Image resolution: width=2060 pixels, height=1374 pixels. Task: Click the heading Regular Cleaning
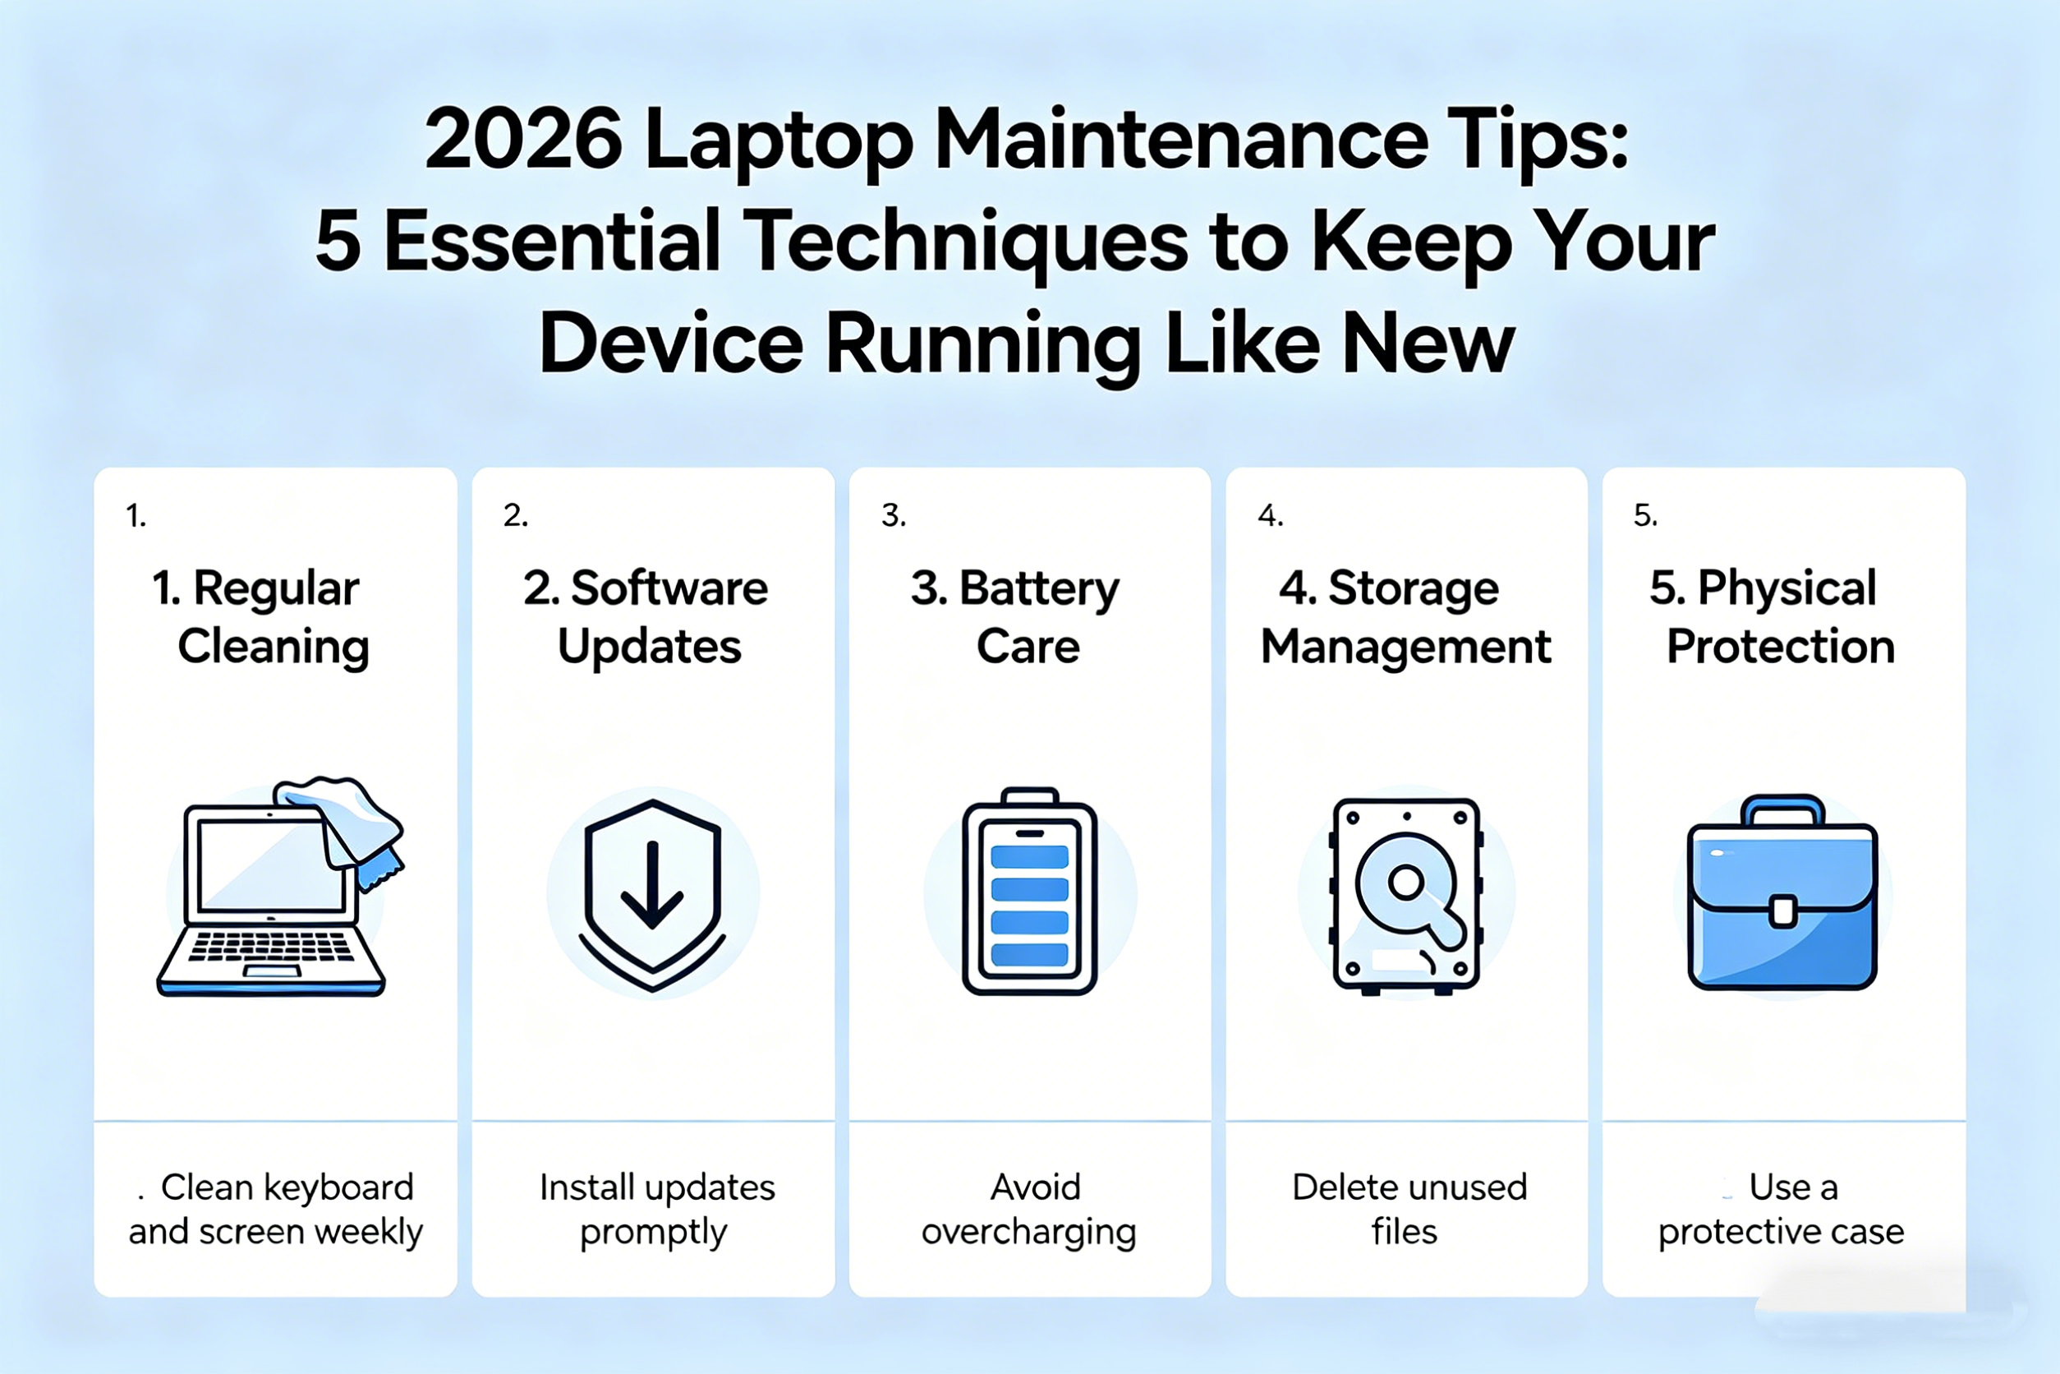click(x=260, y=617)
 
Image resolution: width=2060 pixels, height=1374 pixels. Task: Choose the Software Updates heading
click(x=646, y=617)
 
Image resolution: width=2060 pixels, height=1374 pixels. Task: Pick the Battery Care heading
click(x=1016, y=617)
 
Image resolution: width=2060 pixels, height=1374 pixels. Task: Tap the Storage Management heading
click(x=1405, y=617)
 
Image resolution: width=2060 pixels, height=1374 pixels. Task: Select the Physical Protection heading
click(x=1773, y=617)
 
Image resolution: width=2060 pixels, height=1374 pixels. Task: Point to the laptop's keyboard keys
click(x=272, y=948)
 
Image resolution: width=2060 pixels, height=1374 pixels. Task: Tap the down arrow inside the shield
click(x=651, y=884)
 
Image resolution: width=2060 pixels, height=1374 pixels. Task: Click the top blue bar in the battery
click(x=1029, y=856)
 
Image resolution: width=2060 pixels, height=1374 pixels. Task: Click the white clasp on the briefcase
click(x=1783, y=911)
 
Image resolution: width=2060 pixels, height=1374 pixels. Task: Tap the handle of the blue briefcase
click(x=1783, y=810)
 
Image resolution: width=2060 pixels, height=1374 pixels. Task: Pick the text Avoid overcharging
click(x=1029, y=1210)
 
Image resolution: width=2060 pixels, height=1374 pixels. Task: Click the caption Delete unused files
click(x=1409, y=1210)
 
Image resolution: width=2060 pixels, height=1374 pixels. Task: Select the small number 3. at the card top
click(x=894, y=515)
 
